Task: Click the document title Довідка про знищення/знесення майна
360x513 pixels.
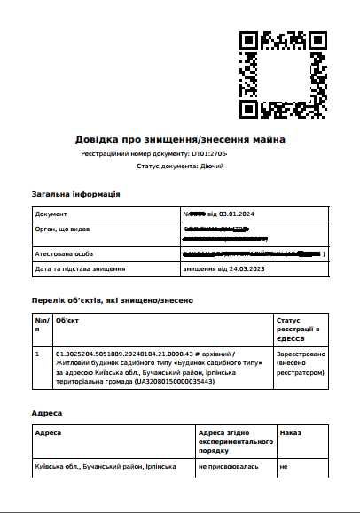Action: click(x=180, y=139)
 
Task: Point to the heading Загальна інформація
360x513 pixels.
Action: click(x=75, y=193)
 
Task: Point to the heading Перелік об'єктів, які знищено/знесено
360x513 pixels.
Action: click(x=112, y=300)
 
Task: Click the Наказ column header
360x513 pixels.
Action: click(x=290, y=433)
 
